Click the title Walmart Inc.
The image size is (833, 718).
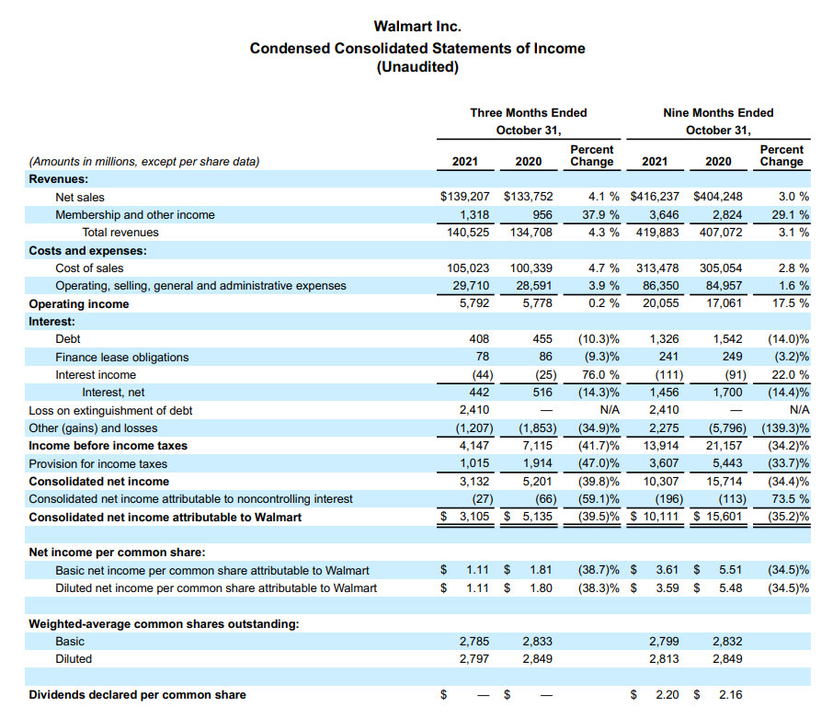coord(417,27)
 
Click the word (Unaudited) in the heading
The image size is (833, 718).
coord(417,67)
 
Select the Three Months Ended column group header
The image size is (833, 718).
coord(528,112)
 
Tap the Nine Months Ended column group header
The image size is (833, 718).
coord(718,112)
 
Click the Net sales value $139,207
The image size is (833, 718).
coord(465,197)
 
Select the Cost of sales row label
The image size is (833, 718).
coord(89,268)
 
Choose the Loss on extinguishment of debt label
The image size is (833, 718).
coord(110,411)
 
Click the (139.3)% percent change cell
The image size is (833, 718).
coord(783,428)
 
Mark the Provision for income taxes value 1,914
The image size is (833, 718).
coord(537,464)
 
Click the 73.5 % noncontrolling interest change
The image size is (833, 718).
coord(789,499)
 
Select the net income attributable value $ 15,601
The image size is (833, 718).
coord(718,518)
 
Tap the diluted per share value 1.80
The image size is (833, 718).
coord(541,588)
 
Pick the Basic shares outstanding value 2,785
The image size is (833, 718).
coord(474,642)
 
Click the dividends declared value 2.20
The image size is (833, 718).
coord(667,695)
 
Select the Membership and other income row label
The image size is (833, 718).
coord(135,215)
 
